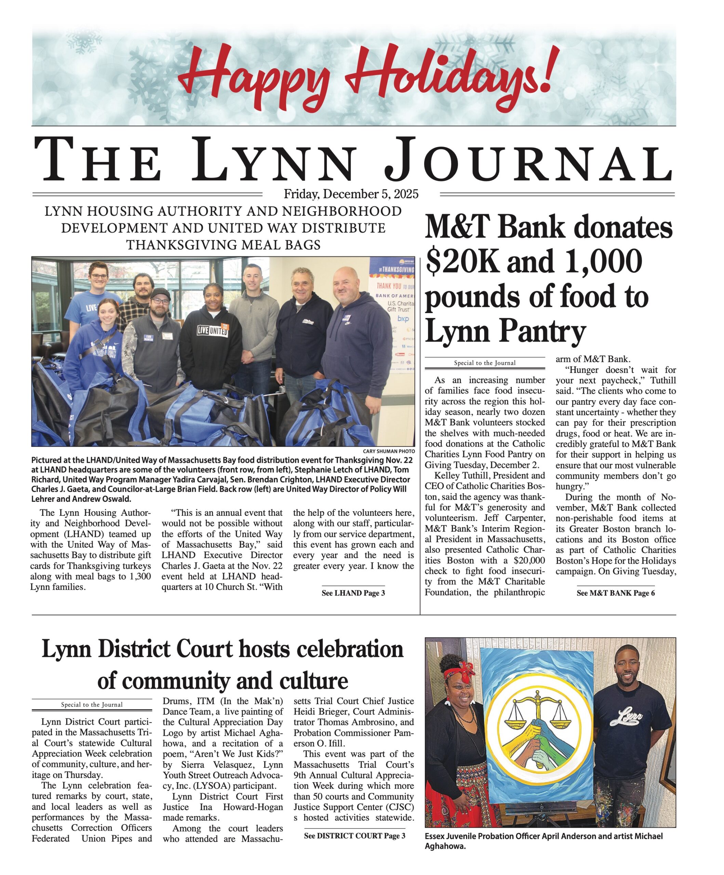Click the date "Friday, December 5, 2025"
pyautogui.click(x=351, y=194)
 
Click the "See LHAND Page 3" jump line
pyautogui.click(x=353, y=593)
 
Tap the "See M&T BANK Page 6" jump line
pyautogui.click(x=615, y=593)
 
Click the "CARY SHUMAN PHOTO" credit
pyautogui.click(x=388, y=451)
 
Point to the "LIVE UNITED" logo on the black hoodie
pyautogui.click(x=213, y=331)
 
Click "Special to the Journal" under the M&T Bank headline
pyautogui.click(x=485, y=363)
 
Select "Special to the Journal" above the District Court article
pyautogui.click(x=92, y=704)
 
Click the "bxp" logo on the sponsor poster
pyautogui.click(x=403, y=319)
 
